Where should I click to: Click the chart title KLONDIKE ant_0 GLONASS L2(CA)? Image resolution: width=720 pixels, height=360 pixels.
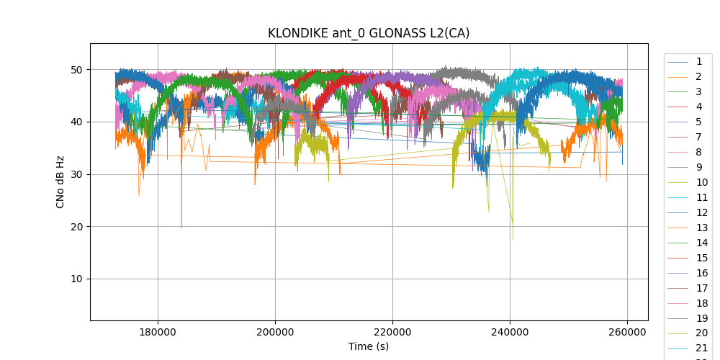coord(369,33)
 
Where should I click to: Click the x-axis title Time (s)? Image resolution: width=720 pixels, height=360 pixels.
coord(369,346)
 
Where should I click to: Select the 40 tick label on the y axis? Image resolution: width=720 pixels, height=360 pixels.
coord(76,122)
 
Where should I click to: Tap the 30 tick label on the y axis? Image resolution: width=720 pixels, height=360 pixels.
coord(76,174)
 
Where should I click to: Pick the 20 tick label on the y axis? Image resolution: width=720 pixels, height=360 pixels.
coord(76,227)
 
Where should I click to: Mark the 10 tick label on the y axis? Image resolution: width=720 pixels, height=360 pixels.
coord(76,279)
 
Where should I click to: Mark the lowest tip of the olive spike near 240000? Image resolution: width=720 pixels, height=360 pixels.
coord(513,240)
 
